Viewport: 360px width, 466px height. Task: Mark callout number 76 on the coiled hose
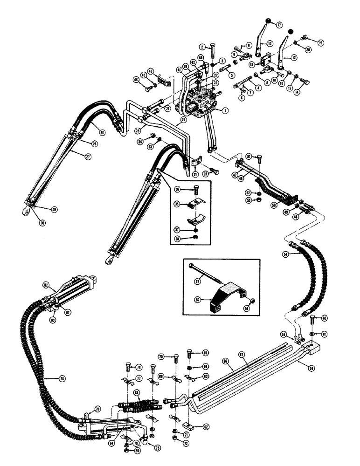click(x=61, y=378)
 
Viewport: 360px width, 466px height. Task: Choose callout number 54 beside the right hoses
click(x=286, y=254)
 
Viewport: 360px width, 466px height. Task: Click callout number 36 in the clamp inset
click(x=177, y=189)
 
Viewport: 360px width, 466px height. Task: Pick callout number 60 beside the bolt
click(x=325, y=318)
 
